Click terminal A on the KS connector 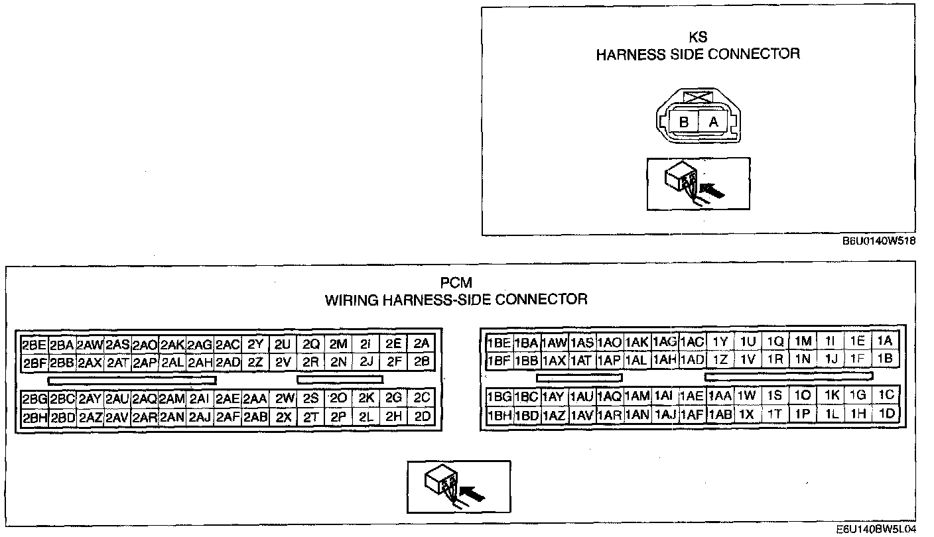click(714, 123)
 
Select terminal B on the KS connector click(683, 123)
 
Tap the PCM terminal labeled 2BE click(34, 345)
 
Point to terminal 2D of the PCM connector click(422, 417)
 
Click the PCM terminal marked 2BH click(34, 418)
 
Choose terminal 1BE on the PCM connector click(499, 343)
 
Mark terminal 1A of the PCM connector click(885, 341)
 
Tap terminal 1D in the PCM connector click(886, 414)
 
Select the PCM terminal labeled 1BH click(499, 415)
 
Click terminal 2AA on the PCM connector click(255, 399)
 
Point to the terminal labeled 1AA click(720, 396)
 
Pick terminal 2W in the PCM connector click(285, 399)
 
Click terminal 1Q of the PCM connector click(775, 341)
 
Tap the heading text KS click(698, 38)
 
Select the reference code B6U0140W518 click(879, 241)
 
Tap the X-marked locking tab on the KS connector click(698, 97)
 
